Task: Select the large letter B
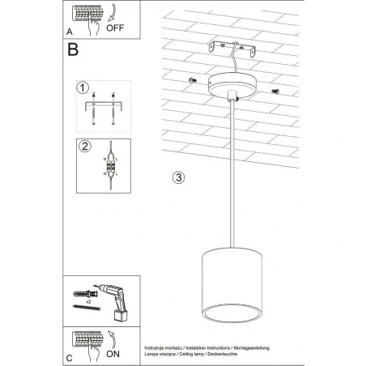pyautogui.click(x=74, y=50)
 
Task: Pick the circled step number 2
pyautogui.click(x=83, y=147)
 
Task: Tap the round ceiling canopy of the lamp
pyautogui.click(x=230, y=84)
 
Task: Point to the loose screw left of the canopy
pyautogui.click(x=192, y=79)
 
